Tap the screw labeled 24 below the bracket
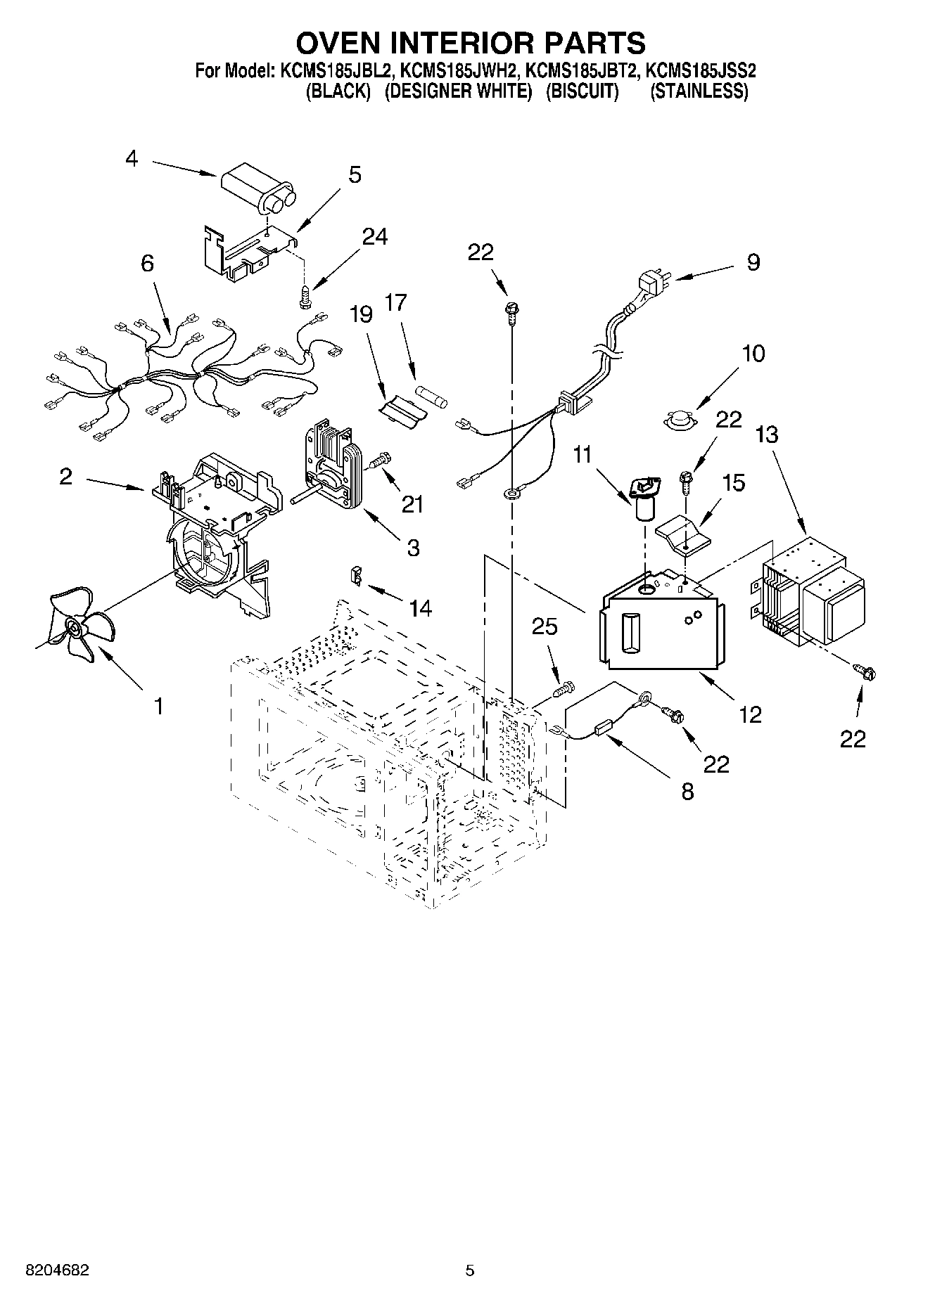[305, 296]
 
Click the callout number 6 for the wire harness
[147, 263]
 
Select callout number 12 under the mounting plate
[751, 714]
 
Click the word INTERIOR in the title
[470, 43]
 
